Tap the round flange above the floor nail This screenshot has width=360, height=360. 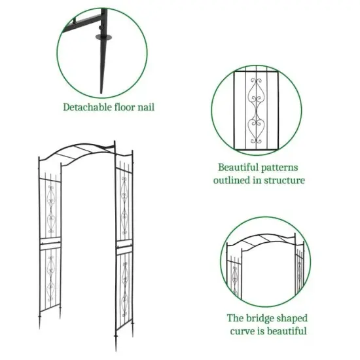(x=103, y=37)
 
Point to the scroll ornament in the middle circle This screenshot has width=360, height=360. (x=256, y=108)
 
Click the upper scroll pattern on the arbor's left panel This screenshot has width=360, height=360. (x=49, y=208)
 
